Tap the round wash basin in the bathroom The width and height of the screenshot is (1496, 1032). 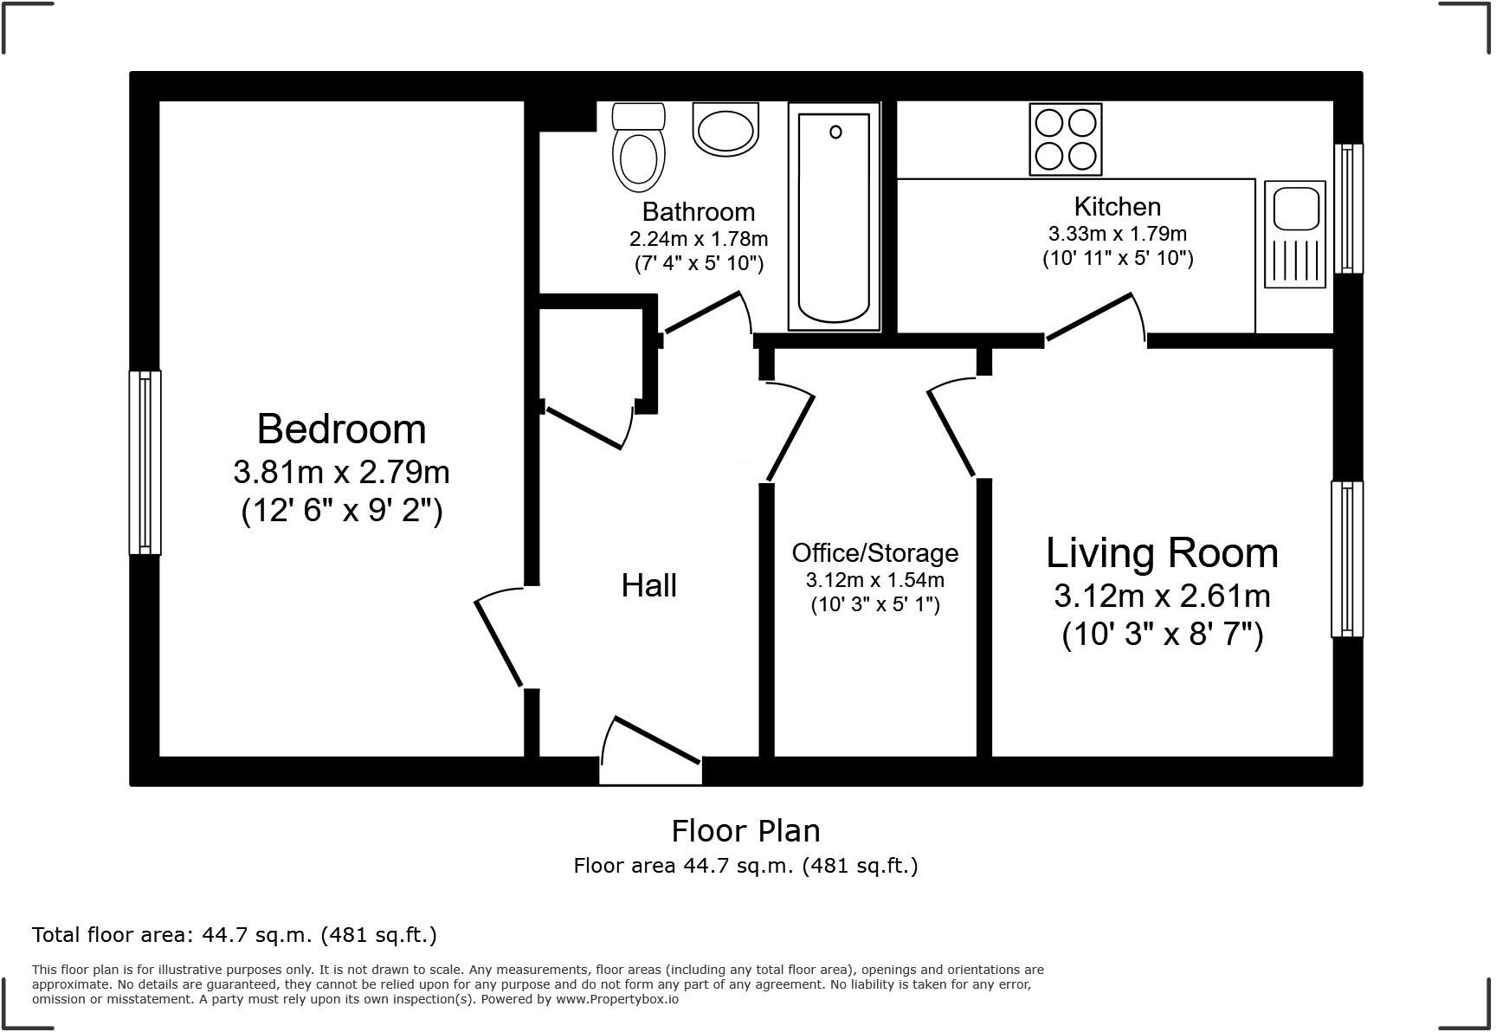click(725, 131)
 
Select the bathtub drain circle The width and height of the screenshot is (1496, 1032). click(835, 132)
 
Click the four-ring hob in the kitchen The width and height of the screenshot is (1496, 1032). click(1065, 139)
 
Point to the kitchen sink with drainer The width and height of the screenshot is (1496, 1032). click(1294, 234)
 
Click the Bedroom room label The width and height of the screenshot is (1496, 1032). click(341, 429)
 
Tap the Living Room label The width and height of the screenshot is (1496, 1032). click(1161, 553)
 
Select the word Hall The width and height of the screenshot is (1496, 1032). click(648, 586)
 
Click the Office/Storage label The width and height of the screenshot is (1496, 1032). click(874, 552)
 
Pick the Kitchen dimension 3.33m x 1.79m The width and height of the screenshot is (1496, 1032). click(1117, 234)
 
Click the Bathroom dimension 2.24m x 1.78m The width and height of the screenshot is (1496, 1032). click(698, 239)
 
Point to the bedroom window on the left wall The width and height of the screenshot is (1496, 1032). click(145, 462)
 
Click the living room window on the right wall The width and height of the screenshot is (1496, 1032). click(1346, 559)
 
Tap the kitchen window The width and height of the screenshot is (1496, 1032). click(1347, 209)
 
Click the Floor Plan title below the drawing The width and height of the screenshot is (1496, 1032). click(745, 831)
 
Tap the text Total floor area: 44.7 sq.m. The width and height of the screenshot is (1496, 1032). click(234, 935)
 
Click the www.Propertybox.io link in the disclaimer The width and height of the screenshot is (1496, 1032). click(616, 999)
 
